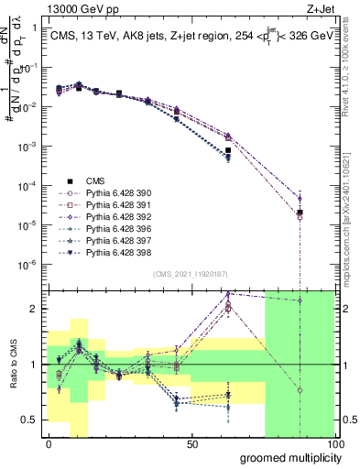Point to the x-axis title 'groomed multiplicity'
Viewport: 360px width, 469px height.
tap(286, 456)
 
